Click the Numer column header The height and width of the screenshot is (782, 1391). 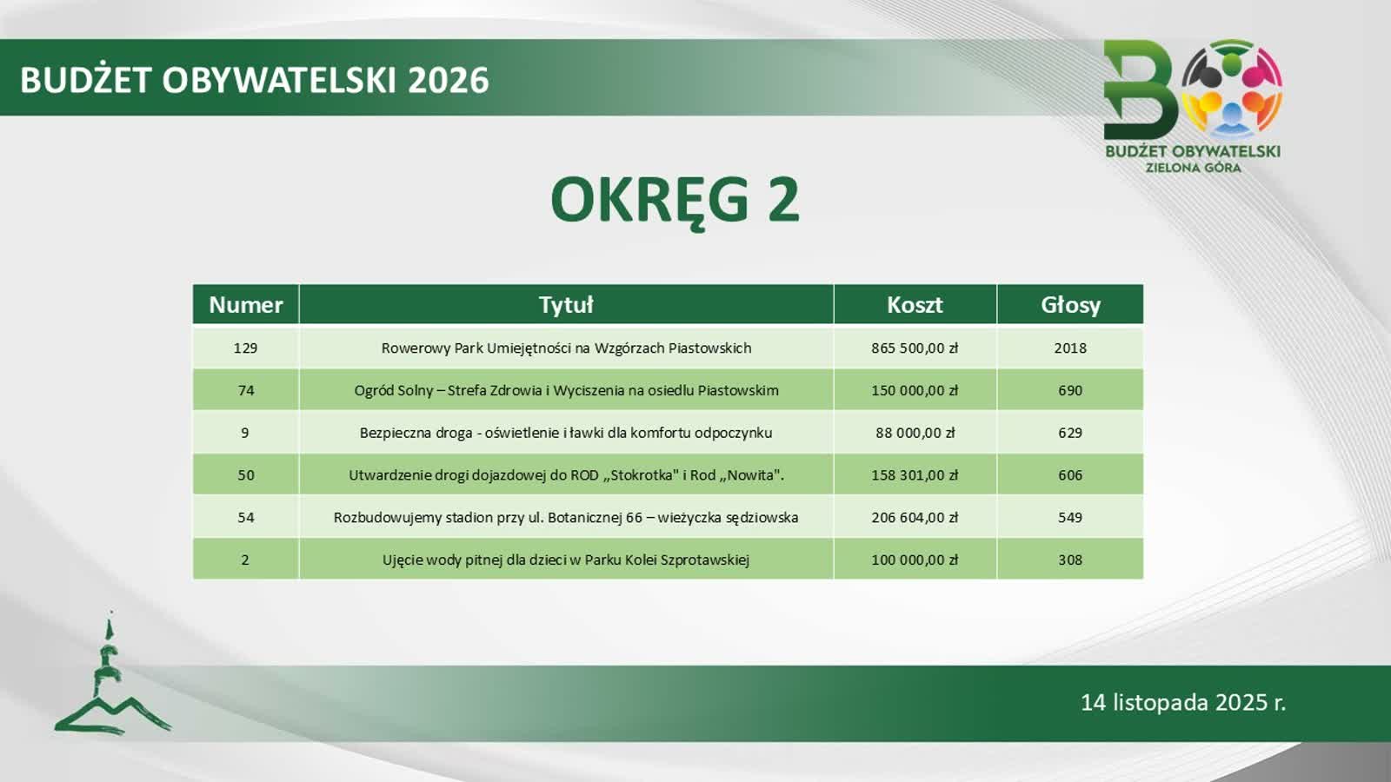pos(246,305)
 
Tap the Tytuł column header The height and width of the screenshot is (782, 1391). pos(566,305)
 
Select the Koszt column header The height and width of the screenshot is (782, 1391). pos(915,305)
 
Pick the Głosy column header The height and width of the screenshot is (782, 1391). pos(1070,305)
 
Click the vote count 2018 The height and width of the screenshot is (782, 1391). pos(1070,348)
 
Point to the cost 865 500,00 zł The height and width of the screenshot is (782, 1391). pos(915,348)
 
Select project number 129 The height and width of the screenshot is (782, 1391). pos(246,348)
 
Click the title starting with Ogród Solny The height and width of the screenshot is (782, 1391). pos(566,390)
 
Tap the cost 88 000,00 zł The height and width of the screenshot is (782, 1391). pos(915,433)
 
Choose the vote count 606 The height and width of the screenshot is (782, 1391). pos(1070,475)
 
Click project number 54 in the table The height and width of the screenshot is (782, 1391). pos(246,518)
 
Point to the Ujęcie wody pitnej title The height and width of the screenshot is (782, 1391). pos(566,560)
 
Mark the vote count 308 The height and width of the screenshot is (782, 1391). pos(1070,560)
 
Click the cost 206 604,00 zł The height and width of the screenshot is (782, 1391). pos(915,518)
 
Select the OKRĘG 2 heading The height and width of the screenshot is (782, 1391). pos(675,201)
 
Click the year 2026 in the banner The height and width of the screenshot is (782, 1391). pos(449,81)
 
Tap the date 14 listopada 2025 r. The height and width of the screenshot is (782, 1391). pos(1183,703)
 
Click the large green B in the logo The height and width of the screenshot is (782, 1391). pos(1140,90)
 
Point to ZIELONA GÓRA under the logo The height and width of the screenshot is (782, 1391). pos(1193,168)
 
